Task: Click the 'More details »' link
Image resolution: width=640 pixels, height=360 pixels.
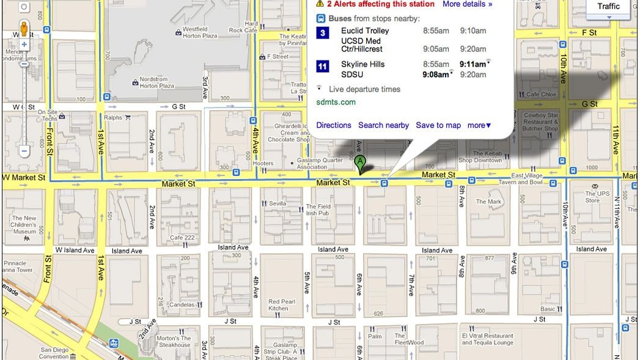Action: tap(467, 4)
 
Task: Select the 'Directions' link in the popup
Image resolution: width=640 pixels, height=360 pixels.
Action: tap(334, 125)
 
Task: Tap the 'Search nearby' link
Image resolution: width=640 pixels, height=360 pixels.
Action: tap(383, 125)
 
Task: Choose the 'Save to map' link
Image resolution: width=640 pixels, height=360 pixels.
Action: tap(438, 125)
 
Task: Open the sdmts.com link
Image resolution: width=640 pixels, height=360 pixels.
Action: tap(336, 102)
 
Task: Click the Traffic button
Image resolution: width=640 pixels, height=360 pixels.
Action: tap(608, 7)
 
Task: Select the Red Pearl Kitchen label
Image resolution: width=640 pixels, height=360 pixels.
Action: tap(282, 304)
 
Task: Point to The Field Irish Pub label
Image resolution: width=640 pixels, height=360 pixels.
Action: tap(318, 210)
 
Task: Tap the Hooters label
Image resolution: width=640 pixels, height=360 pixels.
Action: tap(263, 163)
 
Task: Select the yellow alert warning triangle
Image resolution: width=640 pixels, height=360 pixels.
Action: tap(320, 4)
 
